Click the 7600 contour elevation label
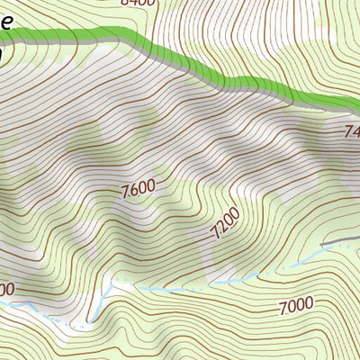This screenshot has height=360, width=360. (x=137, y=190)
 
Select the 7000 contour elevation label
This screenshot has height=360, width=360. (x=295, y=306)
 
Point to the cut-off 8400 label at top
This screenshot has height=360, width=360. (x=138, y=3)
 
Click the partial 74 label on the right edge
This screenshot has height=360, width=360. (x=351, y=132)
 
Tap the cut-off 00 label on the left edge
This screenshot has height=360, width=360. (x=6, y=289)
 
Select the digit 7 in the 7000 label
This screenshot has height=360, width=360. (x=283, y=309)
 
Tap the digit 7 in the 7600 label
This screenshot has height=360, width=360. (x=123, y=192)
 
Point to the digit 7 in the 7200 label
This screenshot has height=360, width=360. (x=216, y=236)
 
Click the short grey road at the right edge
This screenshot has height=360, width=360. (x=342, y=241)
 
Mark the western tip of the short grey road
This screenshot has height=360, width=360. (x=325, y=244)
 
